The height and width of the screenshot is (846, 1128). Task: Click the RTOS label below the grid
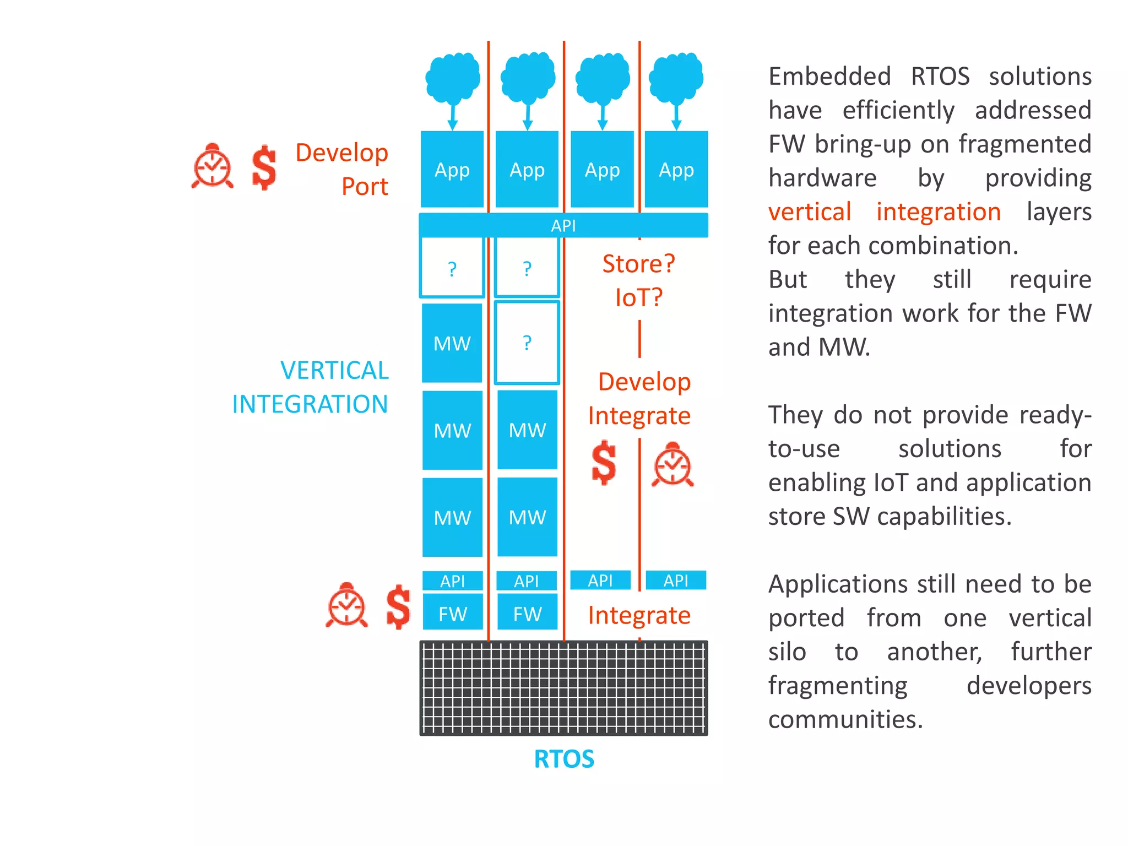[564, 759]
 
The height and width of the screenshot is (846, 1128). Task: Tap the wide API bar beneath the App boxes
[563, 225]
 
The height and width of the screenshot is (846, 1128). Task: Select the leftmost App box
[452, 169]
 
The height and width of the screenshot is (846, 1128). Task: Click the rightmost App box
[676, 169]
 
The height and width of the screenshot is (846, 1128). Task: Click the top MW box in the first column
[452, 343]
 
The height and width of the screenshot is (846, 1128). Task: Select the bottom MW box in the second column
[527, 517]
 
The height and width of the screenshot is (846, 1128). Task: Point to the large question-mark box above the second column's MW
[527, 343]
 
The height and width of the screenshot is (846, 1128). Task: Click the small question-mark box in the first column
[452, 268]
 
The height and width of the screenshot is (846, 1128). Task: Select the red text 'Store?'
[638, 264]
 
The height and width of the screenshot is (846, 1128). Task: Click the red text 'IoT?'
[638, 298]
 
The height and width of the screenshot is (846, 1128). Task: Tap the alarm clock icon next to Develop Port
[213, 166]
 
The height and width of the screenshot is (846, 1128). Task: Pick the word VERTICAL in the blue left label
[334, 370]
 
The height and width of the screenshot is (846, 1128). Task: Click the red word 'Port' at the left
[365, 187]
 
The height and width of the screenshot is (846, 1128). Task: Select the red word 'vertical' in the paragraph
[810, 212]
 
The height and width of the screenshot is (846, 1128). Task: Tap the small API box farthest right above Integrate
[676, 580]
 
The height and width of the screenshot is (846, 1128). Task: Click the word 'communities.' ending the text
[845, 719]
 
